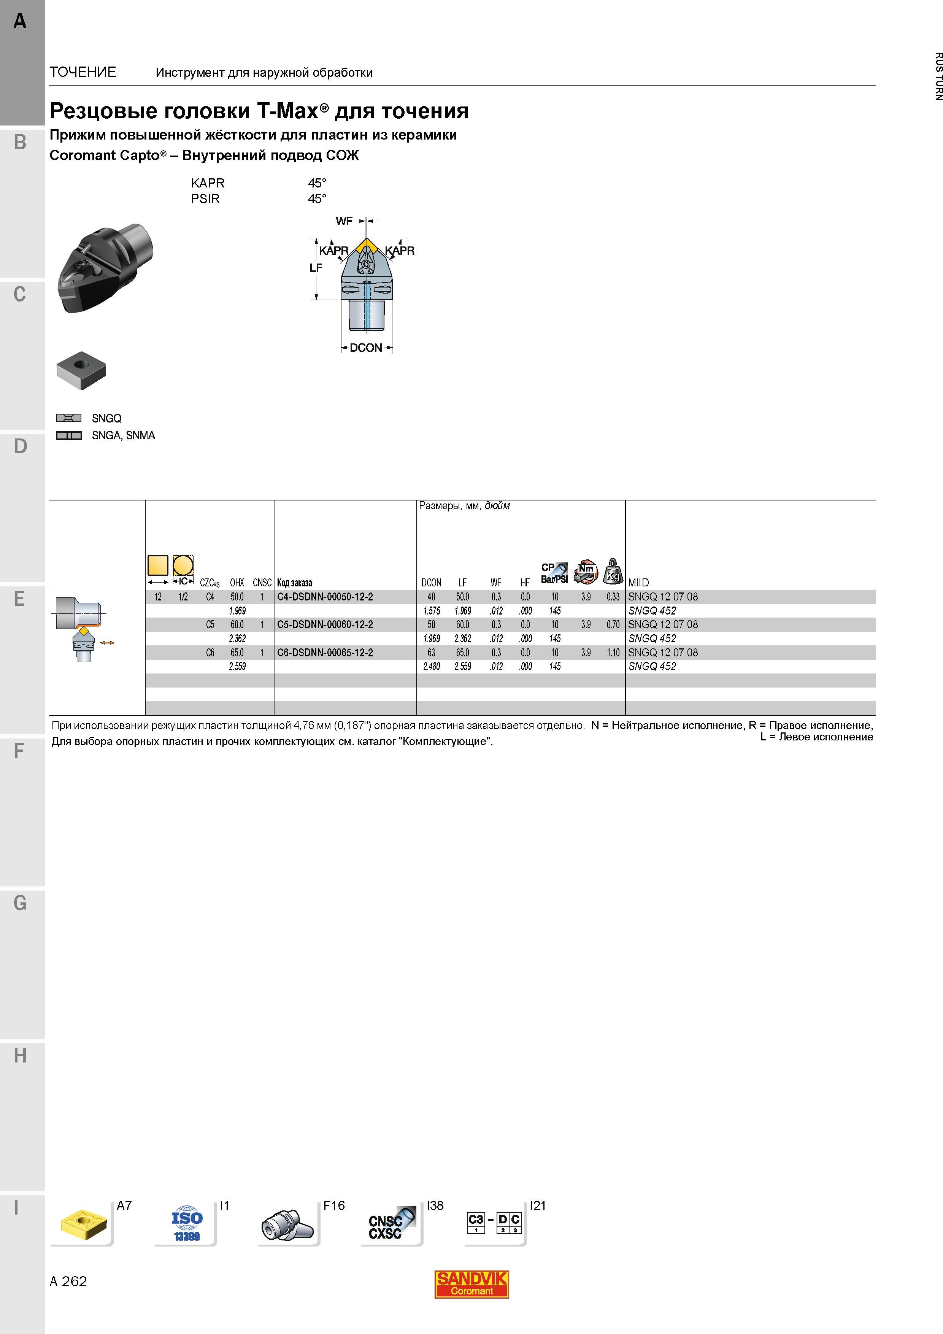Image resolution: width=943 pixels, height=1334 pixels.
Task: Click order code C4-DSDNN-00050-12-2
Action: (x=325, y=597)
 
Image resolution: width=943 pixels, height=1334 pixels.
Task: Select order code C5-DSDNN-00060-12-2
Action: (x=325, y=624)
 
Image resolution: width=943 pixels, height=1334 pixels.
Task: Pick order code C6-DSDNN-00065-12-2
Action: (x=325, y=653)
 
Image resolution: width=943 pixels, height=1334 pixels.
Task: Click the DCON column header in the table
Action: (x=431, y=583)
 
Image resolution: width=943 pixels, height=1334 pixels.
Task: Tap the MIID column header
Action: (x=638, y=583)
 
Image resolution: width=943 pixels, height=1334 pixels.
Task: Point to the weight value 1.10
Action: (x=613, y=653)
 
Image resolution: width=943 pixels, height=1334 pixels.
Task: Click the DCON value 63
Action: (x=431, y=653)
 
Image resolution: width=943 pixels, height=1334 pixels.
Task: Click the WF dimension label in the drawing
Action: (x=344, y=221)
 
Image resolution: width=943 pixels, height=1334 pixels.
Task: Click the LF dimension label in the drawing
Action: (x=316, y=268)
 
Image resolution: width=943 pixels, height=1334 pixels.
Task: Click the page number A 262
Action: (x=68, y=1281)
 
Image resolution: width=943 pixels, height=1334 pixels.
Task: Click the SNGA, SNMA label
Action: (x=123, y=435)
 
